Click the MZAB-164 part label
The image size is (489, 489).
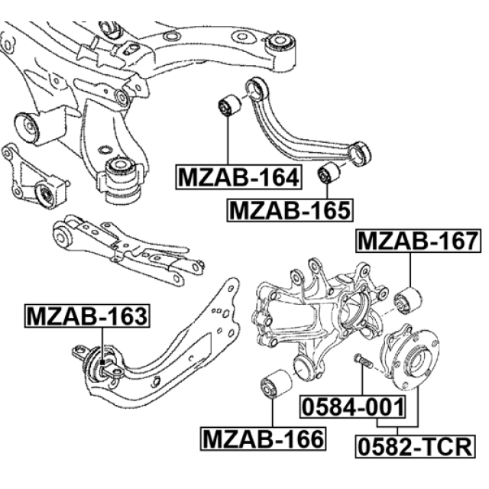(x=239, y=176)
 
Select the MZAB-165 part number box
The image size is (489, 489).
(x=290, y=210)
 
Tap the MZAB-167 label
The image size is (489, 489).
(x=418, y=241)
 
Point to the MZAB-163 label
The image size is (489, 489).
(x=87, y=316)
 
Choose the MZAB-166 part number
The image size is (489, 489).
(x=263, y=439)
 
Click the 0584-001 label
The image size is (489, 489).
(x=353, y=406)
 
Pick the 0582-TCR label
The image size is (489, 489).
(x=416, y=446)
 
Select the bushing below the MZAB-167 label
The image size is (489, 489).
(x=408, y=300)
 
